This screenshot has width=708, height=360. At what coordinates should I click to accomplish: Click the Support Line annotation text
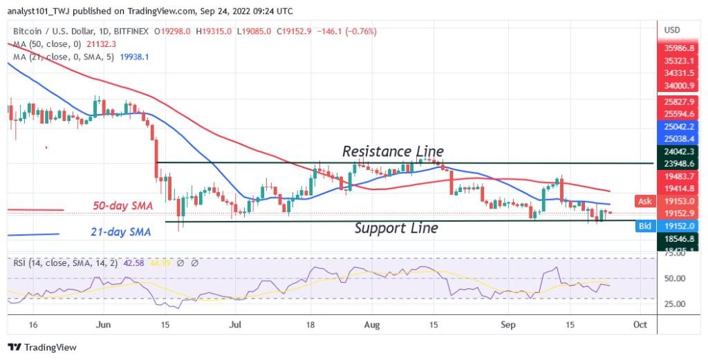tap(395, 227)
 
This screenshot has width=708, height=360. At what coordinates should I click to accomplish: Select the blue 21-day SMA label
tap(122, 232)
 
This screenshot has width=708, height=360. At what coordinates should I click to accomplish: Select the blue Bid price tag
tap(644, 225)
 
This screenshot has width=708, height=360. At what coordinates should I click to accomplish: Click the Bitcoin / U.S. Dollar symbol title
tap(51, 31)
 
